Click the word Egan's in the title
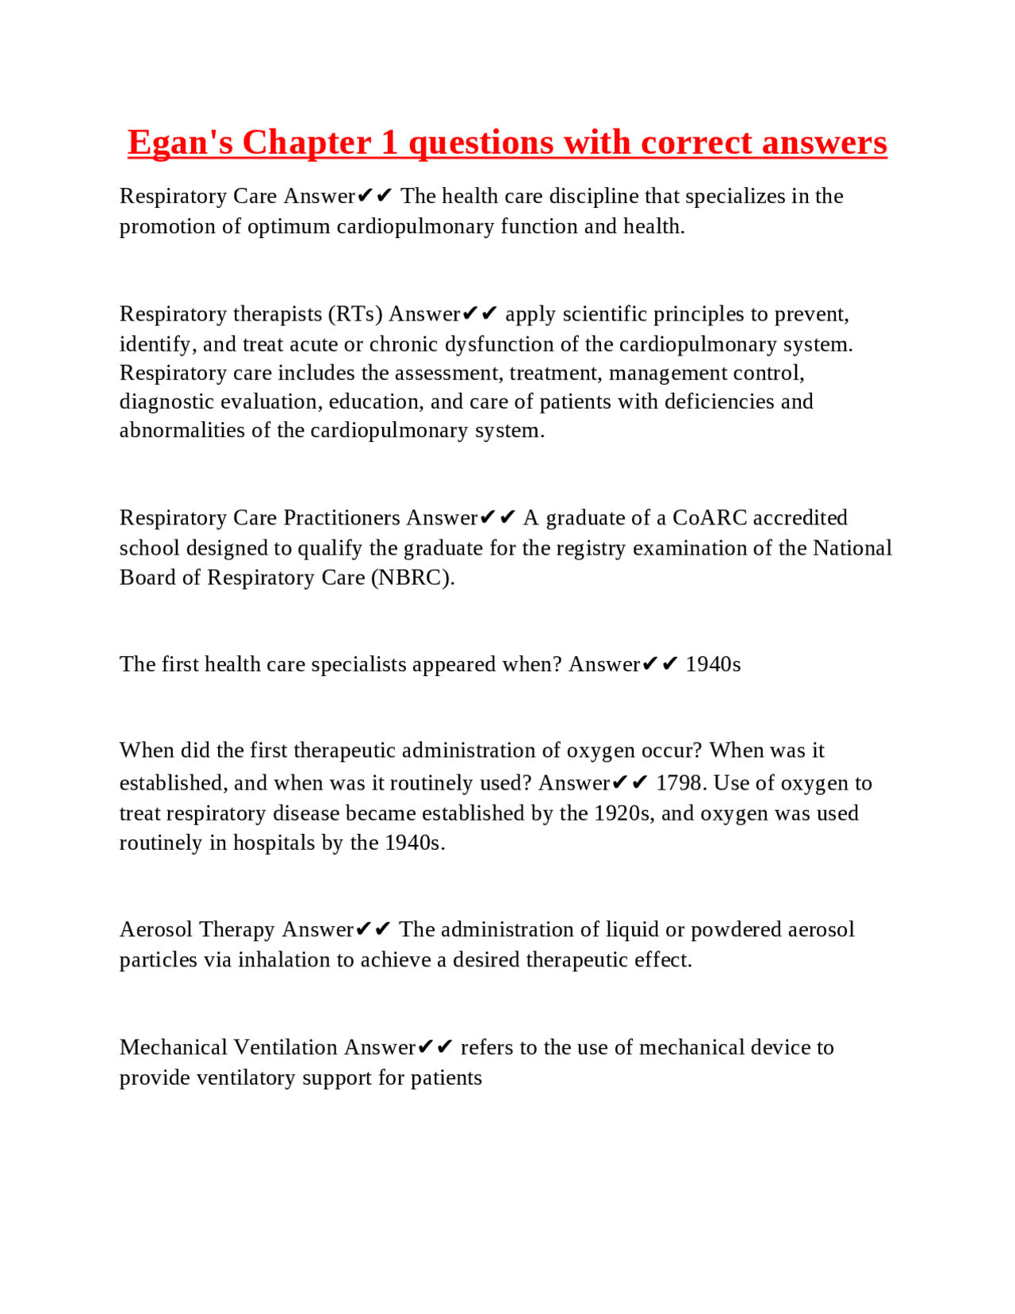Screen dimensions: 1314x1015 pyautogui.click(x=180, y=143)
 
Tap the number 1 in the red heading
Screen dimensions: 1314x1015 pyautogui.click(x=389, y=143)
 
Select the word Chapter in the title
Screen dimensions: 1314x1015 pyautogui.click(x=307, y=143)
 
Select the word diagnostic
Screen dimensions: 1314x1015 pyautogui.click(x=167, y=401)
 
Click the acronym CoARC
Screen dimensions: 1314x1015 pyautogui.click(x=710, y=518)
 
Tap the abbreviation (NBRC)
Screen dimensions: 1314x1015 pyautogui.click(x=412, y=578)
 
